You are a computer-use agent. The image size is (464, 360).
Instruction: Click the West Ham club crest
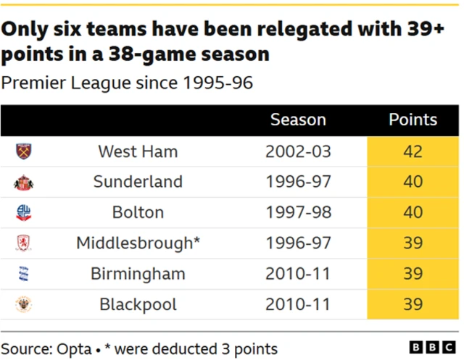point(25,151)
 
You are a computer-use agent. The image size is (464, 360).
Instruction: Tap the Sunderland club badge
point(24,183)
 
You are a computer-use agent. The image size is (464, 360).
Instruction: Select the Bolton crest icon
point(24,213)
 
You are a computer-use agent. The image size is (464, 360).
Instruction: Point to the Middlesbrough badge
point(24,243)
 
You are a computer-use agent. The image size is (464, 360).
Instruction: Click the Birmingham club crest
point(24,274)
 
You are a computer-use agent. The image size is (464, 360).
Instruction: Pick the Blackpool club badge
point(24,304)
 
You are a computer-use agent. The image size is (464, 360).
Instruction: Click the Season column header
point(298,120)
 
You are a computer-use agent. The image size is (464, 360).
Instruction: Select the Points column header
point(413,120)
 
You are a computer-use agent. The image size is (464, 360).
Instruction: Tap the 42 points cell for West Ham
point(413,151)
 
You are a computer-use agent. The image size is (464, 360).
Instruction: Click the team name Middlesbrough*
point(138,243)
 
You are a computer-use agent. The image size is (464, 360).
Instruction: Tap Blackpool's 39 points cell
point(413,304)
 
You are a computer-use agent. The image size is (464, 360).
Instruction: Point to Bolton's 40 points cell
point(413,213)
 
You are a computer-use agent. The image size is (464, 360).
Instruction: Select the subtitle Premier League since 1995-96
point(127,82)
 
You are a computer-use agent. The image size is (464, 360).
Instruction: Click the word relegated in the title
point(313,30)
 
